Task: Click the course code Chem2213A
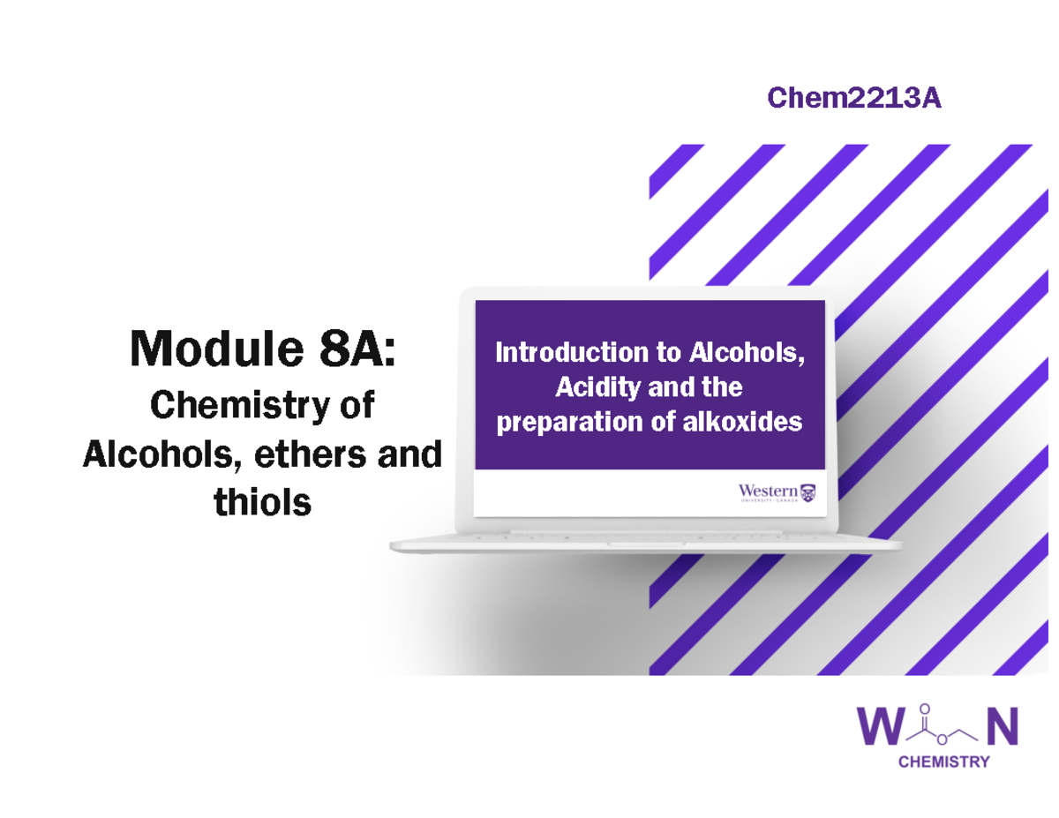[x=853, y=99]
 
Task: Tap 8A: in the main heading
[x=350, y=349]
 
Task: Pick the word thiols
[x=262, y=503]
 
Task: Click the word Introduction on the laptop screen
[x=570, y=354]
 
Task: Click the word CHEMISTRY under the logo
[x=943, y=762]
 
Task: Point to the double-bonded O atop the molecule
[x=924, y=709]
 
